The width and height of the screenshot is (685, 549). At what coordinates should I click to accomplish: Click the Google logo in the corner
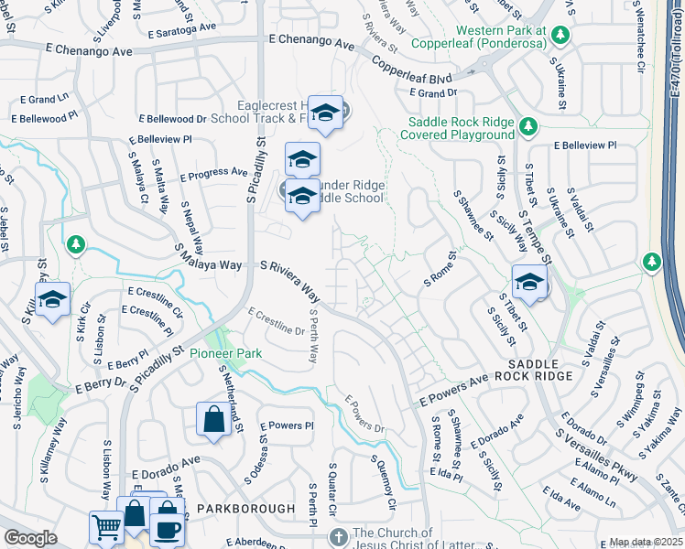[x=30, y=538]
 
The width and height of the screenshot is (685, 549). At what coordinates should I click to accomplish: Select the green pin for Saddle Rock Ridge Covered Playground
[x=527, y=125]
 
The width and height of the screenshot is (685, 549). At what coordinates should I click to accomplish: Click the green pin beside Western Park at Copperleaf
[x=560, y=37]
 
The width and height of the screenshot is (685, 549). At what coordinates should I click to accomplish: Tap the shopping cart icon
[x=106, y=527]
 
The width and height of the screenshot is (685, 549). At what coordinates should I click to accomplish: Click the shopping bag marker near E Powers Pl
[x=212, y=420]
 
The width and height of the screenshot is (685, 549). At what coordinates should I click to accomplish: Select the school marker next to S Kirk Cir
[x=52, y=299]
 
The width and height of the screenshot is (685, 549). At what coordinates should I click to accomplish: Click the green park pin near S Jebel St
[x=76, y=244]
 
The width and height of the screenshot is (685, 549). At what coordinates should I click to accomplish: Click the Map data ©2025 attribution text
[x=646, y=542]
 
